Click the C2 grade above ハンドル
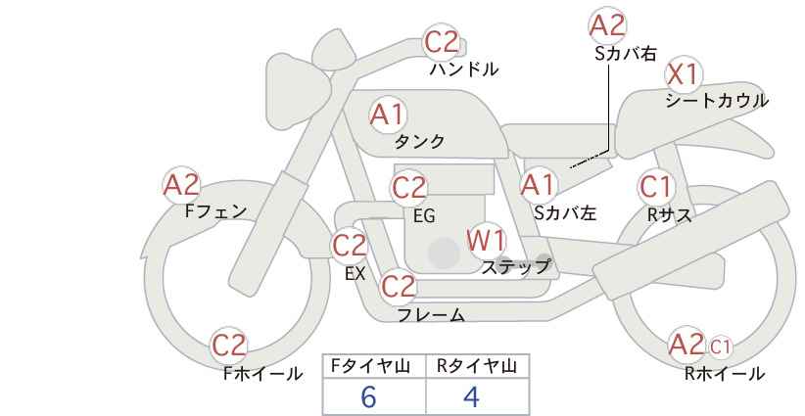tap(442, 42)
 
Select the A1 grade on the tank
tap(388, 115)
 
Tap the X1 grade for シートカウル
tap(683, 75)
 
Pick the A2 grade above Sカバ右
tap(607, 25)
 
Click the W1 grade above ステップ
tap(486, 241)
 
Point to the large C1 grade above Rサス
tap(656, 187)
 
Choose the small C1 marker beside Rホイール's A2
tap(720, 347)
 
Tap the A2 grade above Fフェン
tap(181, 185)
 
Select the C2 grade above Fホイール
tap(229, 346)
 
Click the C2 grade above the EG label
tap(409, 188)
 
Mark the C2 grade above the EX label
tap(350, 246)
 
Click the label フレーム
tap(431, 315)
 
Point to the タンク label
tap(419, 141)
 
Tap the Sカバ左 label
tap(565, 212)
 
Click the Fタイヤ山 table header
tap(370, 366)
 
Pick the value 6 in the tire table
tap(368, 396)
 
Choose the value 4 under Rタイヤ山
tap(471, 396)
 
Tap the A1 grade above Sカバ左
tap(538, 185)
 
